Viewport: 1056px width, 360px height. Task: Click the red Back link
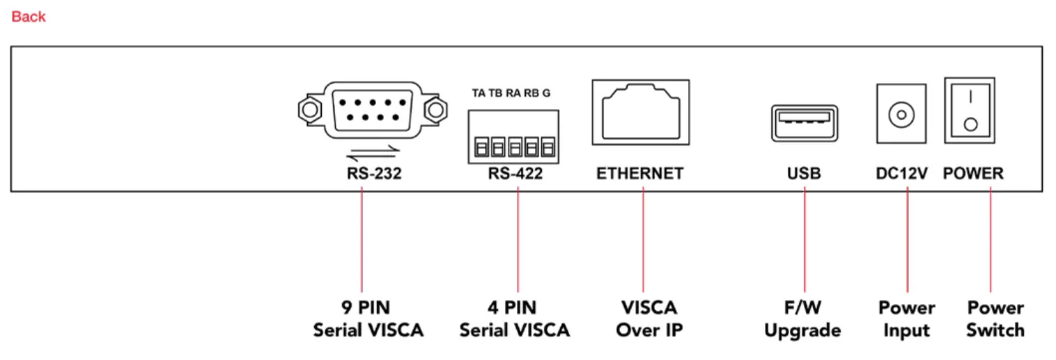click(29, 17)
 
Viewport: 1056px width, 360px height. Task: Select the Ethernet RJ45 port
click(640, 111)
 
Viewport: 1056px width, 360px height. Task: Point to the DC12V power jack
click(901, 114)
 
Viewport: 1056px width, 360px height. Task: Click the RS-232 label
click(374, 174)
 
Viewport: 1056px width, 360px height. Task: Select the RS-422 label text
click(515, 174)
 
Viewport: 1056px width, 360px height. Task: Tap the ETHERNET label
click(640, 174)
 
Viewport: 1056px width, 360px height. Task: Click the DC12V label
click(902, 174)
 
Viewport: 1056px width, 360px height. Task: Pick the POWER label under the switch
click(973, 174)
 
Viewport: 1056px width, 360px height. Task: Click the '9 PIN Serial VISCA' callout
click(368, 319)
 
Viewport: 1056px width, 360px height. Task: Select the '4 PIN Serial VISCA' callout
click(515, 319)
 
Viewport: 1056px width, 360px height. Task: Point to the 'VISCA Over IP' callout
click(648, 319)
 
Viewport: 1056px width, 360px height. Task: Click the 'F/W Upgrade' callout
click(802, 319)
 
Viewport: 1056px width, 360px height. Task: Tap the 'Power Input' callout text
click(907, 319)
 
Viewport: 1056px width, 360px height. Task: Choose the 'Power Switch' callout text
click(995, 319)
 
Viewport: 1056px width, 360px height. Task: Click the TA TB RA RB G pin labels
click(511, 93)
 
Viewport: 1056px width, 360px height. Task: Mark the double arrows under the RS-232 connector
click(374, 152)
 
